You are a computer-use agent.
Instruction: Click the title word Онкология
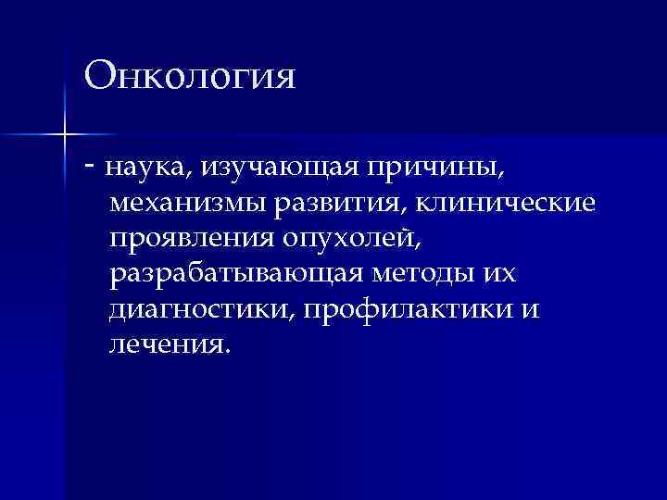[190, 77]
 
